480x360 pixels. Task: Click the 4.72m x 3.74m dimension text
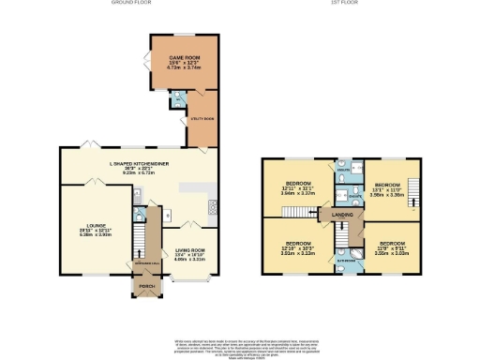(x=184, y=68)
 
